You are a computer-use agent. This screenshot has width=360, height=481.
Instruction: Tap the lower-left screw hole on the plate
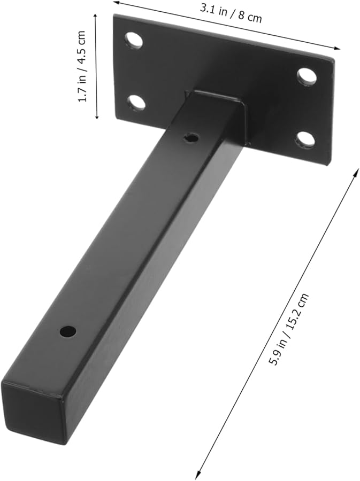pyautogui.click(x=137, y=102)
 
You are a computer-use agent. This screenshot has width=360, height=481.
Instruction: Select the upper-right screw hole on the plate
pyautogui.click(x=307, y=77)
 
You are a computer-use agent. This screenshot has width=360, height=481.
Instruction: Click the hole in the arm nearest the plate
pyautogui.click(x=190, y=138)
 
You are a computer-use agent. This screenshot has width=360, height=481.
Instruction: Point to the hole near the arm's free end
pyautogui.click(x=67, y=331)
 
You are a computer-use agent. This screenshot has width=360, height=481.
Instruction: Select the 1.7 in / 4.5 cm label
pyautogui.click(x=82, y=67)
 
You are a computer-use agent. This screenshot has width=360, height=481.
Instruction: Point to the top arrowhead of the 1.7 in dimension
pyautogui.click(x=96, y=16)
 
